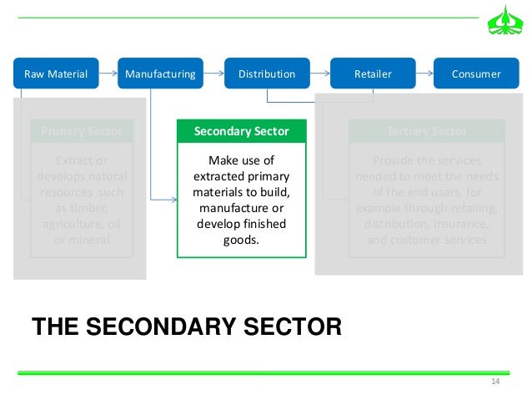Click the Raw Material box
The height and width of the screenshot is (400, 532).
(57, 73)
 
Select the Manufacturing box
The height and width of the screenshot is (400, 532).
(160, 73)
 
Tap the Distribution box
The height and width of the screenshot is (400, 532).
(267, 73)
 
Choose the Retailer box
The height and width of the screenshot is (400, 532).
(373, 73)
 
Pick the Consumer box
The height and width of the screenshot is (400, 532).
(476, 73)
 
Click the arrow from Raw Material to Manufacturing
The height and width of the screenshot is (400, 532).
(108, 73)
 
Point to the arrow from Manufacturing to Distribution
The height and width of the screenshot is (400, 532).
(214, 73)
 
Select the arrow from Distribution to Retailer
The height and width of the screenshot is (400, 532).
(320, 73)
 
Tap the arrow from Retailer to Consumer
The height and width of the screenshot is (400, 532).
(424, 73)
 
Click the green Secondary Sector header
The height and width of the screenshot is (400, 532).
(241, 131)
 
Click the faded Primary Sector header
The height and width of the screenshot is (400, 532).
(81, 131)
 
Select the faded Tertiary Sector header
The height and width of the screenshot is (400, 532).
(427, 131)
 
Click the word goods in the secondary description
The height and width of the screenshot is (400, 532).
(241, 239)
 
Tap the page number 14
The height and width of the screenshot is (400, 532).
(494, 382)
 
